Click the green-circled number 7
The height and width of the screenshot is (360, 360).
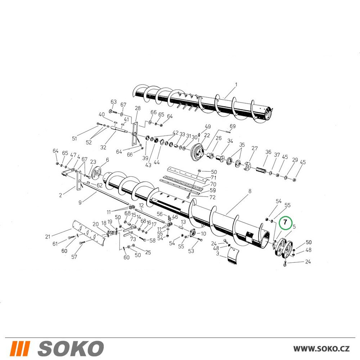pyautogui.click(x=285, y=222)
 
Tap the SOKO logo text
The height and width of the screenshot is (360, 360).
pyautogui.click(x=71, y=348)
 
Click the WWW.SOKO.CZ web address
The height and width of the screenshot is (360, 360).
pyautogui.click(x=321, y=348)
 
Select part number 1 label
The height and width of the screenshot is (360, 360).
pyautogui.click(x=236, y=85)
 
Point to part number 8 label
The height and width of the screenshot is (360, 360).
pyautogui.click(x=250, y=191)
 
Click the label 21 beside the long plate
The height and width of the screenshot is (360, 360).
pyautogui.click(x=48, y=237)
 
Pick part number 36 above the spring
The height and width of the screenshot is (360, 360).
pyautogui.click(x=268, y=152)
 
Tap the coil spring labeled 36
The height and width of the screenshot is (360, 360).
pyautogui.click(x=261, y=171)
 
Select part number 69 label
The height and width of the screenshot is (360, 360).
pyautogui.click(x=233, y=126)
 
